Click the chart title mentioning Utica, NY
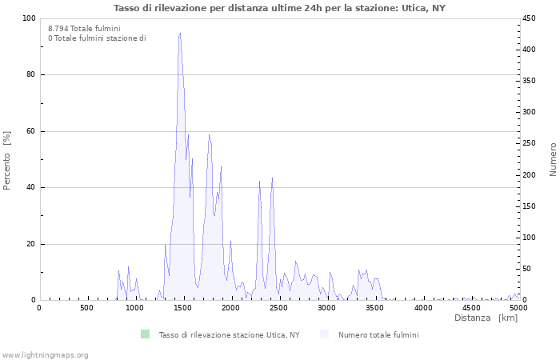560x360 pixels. tap(280, 8)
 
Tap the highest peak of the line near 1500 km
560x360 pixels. tap(180, 34)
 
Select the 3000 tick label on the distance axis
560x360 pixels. tap(326, 308)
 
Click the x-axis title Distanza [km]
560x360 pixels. tap(486, 318)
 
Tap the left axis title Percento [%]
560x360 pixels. tap(7, 160)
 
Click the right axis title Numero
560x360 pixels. tap(553, 159)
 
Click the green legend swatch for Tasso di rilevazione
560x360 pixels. tap(145, 334)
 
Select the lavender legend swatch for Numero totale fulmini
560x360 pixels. tap(324, 334)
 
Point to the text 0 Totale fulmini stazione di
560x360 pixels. tap(97, 38)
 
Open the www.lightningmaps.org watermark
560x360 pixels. tap(46, 355)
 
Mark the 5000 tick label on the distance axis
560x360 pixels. tap(518, 308)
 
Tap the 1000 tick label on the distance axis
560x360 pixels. tap(135, 308)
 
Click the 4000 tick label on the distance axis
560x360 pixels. tap(422, 308)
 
